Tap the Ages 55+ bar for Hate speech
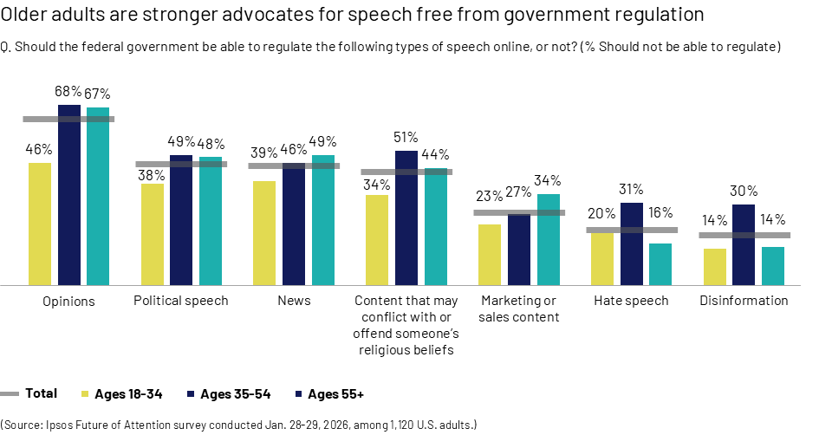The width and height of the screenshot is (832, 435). pos(660,263)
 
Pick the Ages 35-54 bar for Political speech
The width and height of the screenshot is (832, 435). pos(181,220)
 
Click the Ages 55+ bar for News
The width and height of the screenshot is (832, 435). pos(323,220)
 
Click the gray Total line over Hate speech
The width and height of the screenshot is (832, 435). pos(632,230)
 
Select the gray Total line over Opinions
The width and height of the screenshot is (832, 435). pos(68,119)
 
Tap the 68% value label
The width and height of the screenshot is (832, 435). pos(68,91)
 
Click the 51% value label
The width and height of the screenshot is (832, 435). pos(406,137)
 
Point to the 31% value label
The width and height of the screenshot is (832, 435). pos(631,189)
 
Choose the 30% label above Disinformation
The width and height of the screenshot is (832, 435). pos(744,191)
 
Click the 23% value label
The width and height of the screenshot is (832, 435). pos(490,196)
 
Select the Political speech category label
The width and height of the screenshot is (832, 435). pos(181,301)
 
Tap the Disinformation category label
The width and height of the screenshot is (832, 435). pos(744,301)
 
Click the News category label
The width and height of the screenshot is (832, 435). pos(294,301)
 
